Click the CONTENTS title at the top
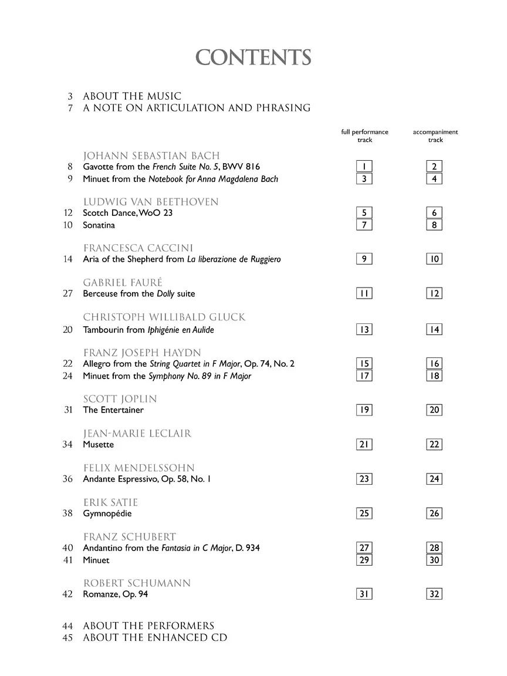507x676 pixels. click(253, 58)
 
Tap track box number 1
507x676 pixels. click(364, 167)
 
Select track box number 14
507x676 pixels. click(434, 329)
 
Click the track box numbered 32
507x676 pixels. click(434, 594)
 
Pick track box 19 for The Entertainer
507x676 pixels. click(364, 410)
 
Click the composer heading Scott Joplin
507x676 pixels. click(120, 399)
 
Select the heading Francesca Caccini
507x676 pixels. click(138, 248)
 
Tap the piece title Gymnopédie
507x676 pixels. click(107, 513)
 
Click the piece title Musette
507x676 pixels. click(99, 445)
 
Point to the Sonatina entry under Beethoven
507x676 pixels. click(99, 225)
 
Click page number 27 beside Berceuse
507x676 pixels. click(67, 293)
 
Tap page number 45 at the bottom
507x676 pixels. click(67, 637)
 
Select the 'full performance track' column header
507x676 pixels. click(364, 136)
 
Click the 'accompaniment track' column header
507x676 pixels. click(435, 136)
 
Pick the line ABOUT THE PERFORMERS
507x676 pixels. click(148, 626)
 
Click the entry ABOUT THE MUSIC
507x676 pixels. click(132, 96)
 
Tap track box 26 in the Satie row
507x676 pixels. click(434, 513)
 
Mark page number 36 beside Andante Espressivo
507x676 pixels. click(67, 479)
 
